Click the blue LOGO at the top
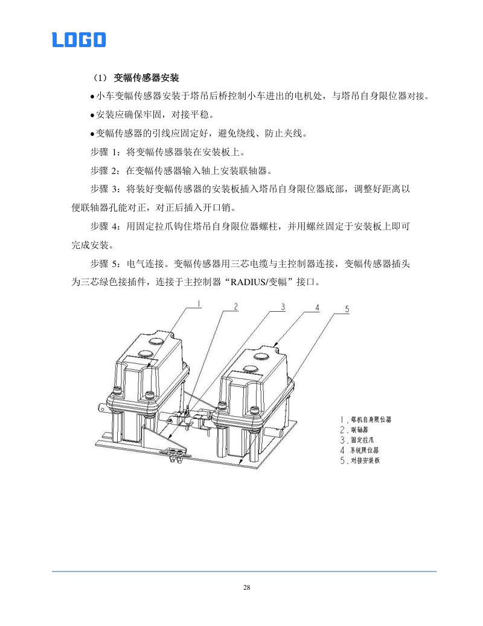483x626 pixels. coord(79,40)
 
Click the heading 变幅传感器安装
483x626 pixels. coord(147,78)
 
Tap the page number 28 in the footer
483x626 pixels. coord(246,587)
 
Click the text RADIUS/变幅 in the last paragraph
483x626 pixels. coord(253,282)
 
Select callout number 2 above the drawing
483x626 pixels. coord(237,306)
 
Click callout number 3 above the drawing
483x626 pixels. coord(282,306)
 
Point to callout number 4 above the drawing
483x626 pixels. coord(316,308)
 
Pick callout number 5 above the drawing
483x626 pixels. coord(347,309)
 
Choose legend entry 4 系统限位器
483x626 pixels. coord(360,450)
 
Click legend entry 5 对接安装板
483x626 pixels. coord(361,460)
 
